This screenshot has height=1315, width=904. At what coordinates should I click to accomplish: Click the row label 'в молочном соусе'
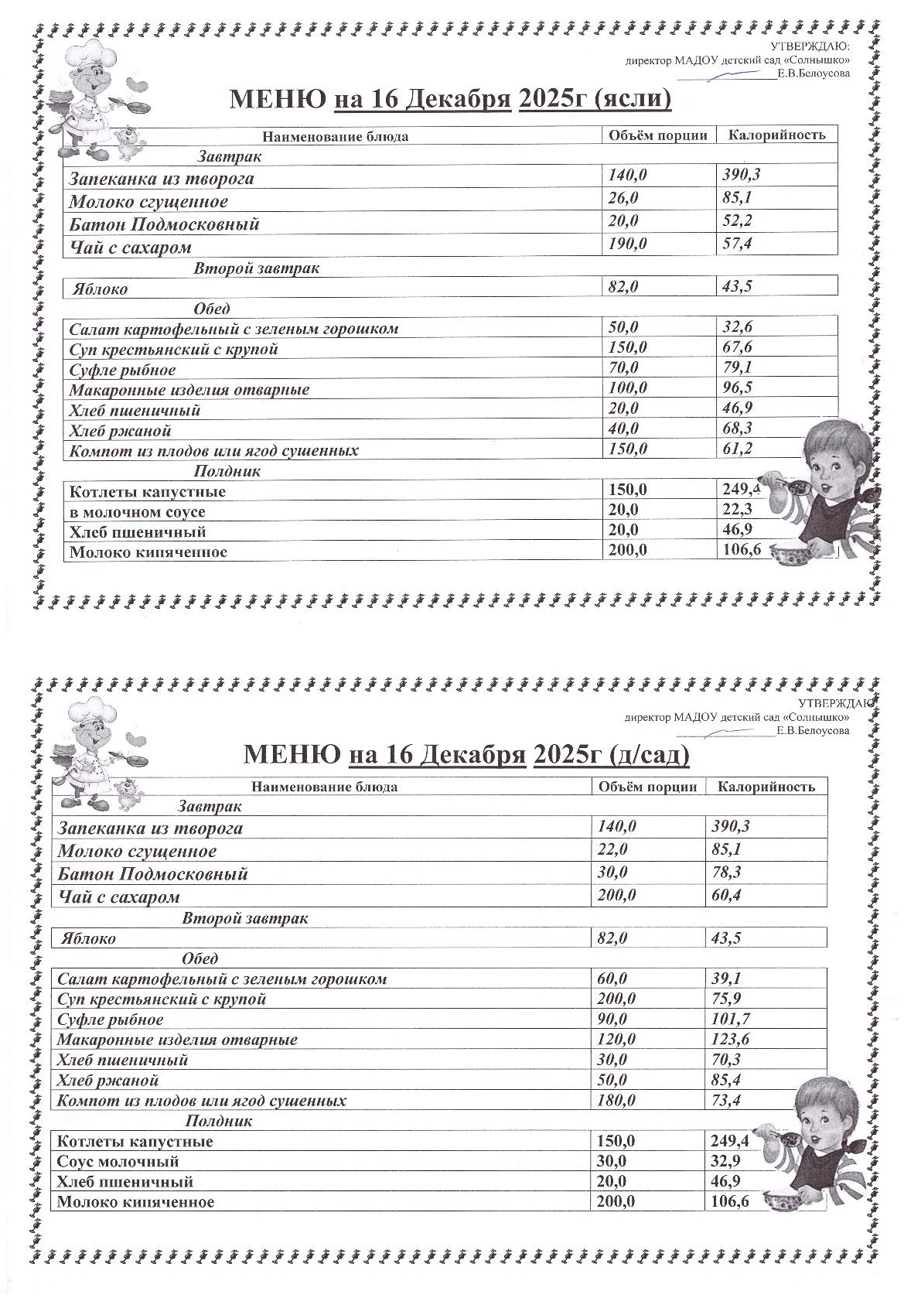coord(137,512)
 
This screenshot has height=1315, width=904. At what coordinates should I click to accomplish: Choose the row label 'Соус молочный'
coord(118,1161)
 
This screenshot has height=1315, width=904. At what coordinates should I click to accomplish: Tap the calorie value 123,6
coord(730,1040)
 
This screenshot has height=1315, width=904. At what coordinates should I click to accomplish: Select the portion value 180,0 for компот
coord(616,1100)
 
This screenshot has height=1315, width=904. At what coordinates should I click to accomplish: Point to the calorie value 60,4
coord(726,896)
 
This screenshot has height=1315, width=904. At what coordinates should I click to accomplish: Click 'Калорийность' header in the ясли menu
coord(776,135)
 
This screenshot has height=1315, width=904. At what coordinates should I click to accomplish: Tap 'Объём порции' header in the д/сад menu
coord(647,787)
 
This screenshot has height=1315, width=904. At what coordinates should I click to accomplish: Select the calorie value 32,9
coord(725,1161)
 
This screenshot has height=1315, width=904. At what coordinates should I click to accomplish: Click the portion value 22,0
coord(612,849)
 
